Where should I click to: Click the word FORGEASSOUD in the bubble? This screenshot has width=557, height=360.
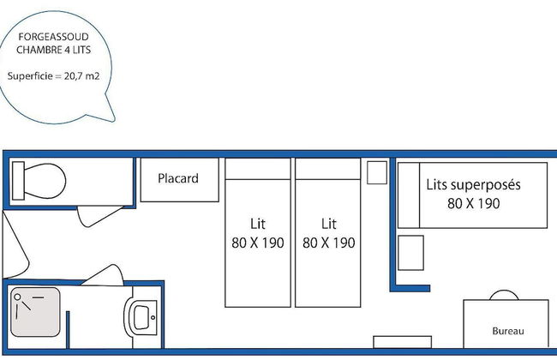coord(53,37)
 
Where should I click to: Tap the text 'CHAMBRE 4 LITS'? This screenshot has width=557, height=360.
coord(53,50)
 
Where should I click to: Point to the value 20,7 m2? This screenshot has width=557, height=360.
coord(81,76)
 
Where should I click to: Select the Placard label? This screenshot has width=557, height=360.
coord(178,178)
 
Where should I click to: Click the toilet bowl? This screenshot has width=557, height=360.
coord(45,181)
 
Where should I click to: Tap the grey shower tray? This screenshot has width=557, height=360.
coord(35,312)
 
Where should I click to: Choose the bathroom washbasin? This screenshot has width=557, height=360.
coord(141,317)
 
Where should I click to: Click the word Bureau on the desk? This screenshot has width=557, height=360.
coord(508,331)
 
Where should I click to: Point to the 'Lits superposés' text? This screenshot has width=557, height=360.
coord(473,185)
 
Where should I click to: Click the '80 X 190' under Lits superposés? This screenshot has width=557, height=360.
coord(474,204)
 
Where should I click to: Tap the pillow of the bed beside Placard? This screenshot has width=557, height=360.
coord(258,169)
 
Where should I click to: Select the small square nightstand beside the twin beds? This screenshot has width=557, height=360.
coord(377,173)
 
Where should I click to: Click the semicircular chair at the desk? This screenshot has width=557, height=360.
coord(504,296)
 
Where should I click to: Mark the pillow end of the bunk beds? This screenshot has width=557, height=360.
coord(409,195)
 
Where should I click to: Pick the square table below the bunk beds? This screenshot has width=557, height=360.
coord(410,253)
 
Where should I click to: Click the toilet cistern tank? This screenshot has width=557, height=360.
coord(18,181)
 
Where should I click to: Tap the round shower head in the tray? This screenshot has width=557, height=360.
coord(17,297)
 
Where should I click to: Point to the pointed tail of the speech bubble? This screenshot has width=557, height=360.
coord(113,120)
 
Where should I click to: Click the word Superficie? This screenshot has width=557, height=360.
coord(30,76)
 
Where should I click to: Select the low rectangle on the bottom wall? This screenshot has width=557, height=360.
coord(403,342)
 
